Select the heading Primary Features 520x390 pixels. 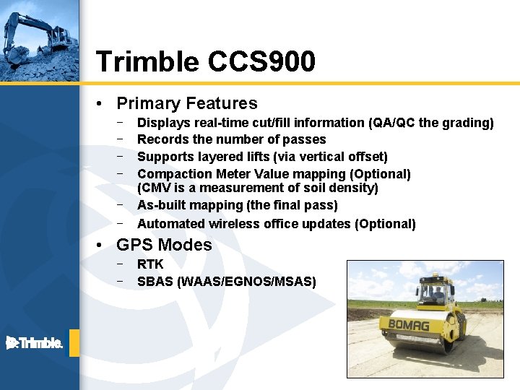186,103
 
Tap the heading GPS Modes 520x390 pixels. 164,245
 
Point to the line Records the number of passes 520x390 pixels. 231,139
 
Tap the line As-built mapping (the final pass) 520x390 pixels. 237,205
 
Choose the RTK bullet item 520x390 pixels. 150,264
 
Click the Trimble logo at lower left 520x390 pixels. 34,343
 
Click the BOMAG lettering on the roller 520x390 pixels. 408,325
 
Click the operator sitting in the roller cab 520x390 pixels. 436,294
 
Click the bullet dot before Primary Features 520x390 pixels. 105,104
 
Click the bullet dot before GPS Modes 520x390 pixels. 105,246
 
